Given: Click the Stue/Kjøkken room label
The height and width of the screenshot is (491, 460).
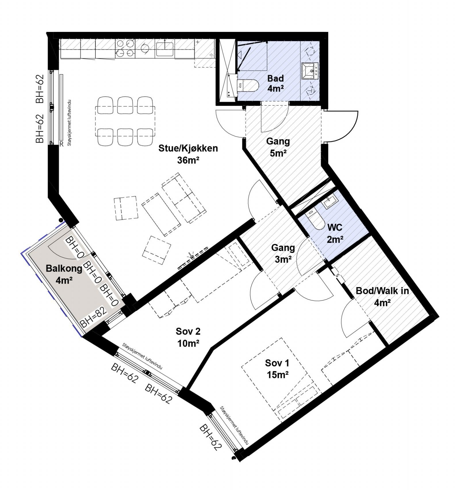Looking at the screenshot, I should pos(188,154).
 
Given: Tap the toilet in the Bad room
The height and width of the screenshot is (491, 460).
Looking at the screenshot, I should pos(249,85).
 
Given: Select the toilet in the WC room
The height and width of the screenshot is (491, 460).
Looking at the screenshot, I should pos(315,220).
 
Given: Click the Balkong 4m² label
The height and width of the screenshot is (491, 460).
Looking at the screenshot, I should pos(64,274).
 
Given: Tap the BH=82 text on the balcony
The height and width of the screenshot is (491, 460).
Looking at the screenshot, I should pos(93,317).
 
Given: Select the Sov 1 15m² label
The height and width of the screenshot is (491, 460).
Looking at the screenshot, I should pos(277,368).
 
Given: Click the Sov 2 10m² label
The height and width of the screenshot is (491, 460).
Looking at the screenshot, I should pos(188,337).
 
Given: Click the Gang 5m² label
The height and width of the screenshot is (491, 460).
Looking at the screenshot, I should pos(278,147).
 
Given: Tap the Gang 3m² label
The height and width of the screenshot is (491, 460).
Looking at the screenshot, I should pos(283,253).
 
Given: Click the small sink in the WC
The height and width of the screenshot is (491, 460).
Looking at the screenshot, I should pos(330,201).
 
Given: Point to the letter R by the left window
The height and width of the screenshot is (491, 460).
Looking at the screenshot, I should pos(61,145).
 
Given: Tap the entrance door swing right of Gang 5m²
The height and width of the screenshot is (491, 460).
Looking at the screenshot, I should pos(341,127).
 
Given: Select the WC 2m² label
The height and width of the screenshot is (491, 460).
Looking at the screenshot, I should pos(335,233).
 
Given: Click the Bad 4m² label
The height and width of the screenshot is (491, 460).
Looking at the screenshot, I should pos(275,83).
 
